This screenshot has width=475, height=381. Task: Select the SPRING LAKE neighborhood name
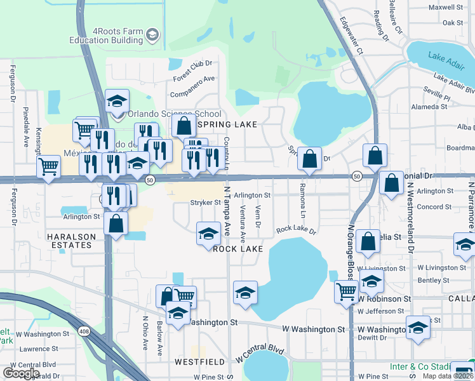[x=220, y=124]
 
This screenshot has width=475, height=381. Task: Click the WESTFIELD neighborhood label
[x=200, y=361]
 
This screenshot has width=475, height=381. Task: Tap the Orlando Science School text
[x=166, y=114]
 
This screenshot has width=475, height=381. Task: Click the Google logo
[x=22, y=373]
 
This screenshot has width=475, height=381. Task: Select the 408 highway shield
[x=84, y=331]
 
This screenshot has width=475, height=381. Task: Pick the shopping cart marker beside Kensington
[x=48, y=168]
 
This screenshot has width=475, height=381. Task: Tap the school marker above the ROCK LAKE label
[x=208, y=233]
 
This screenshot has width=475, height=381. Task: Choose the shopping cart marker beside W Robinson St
[x=346, y=292]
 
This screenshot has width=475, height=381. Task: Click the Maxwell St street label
[x=446, y=8]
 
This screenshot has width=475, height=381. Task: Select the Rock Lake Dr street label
[x=295, y=229]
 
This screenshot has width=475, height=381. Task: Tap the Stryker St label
[x=205, y=203]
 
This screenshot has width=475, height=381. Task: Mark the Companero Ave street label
[x=195, y=86]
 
